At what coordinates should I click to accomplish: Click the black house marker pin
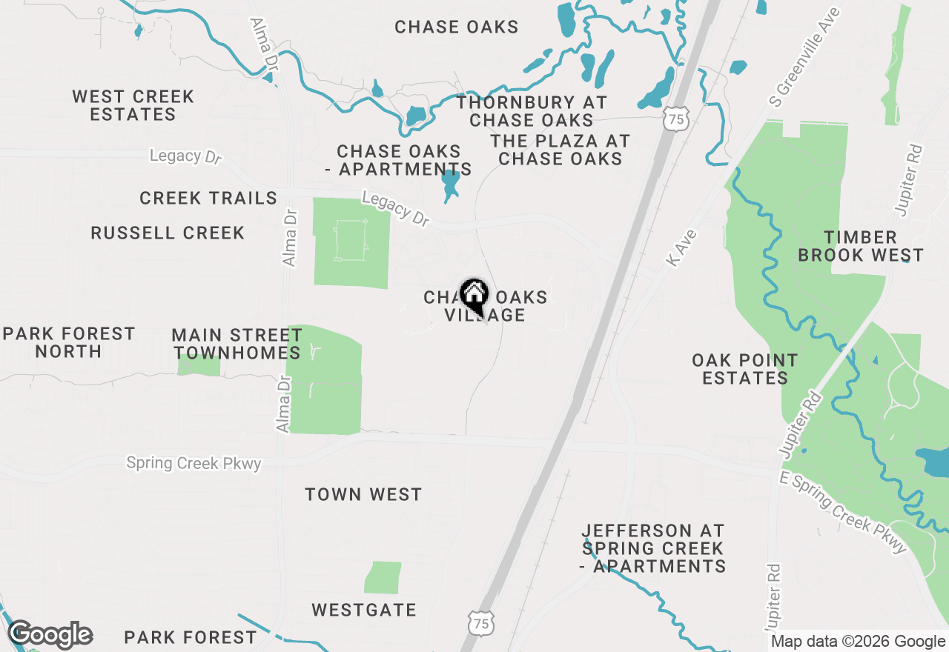pos(474,296)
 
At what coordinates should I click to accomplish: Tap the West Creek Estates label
pos(133,105)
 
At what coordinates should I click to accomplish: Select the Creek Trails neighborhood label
pos(208,198)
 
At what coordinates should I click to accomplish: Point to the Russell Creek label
pos(168,233)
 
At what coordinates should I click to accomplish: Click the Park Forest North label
pos(69,342)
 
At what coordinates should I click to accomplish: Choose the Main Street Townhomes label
pos(236,344)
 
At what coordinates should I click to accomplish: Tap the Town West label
pos(363,494)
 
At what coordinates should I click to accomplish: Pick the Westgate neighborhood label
pos(364,610)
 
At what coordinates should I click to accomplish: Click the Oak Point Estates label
pos(744,369)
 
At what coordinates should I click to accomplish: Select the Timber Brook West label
pos(861,246)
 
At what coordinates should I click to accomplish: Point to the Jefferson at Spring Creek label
pos(653,548)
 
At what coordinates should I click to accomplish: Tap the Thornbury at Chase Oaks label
pos(532,111)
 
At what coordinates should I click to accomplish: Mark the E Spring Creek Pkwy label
pos(843,513)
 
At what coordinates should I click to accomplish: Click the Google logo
pos(50,635)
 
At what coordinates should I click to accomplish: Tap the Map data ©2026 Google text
pos(857,642)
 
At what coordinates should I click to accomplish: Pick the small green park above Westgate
pos(383,577)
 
